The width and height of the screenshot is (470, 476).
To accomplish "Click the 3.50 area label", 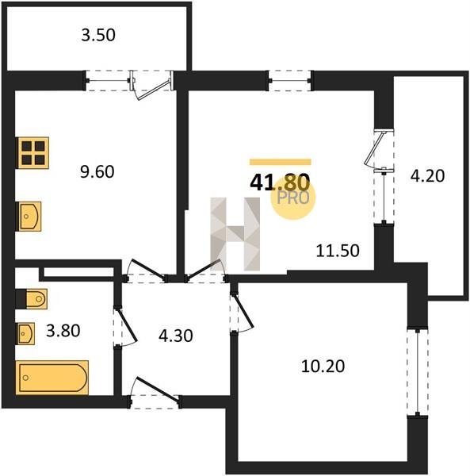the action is point(98,35).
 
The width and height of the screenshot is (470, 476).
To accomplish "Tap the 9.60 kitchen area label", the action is point(97,172).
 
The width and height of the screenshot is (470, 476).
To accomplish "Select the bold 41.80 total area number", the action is point(280,182).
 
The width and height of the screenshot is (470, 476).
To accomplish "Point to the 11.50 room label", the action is point(338,251).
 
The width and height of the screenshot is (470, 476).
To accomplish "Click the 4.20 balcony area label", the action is point(427,176).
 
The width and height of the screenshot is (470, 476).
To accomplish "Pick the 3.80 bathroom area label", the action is point(63,331).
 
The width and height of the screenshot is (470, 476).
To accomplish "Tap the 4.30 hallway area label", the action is point(176,336).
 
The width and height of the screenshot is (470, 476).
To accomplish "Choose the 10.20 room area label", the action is point(323,367).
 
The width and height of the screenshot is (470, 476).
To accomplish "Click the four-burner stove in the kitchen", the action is point(33,152).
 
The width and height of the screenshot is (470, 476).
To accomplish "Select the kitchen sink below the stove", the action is point(29,216).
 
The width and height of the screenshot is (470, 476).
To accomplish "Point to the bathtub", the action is point(52,378).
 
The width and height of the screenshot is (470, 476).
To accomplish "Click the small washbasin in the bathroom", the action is point(26,334).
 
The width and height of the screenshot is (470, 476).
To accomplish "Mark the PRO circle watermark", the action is point(293,198).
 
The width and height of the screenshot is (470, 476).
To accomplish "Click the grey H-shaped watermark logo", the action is point(235,234).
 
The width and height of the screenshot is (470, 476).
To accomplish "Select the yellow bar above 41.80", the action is point(281,162).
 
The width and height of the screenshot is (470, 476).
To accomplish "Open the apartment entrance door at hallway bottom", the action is point(155,393).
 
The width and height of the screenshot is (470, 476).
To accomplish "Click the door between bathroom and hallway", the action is point(124,327).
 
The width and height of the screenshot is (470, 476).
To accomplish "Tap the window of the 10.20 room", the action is point(417,372).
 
